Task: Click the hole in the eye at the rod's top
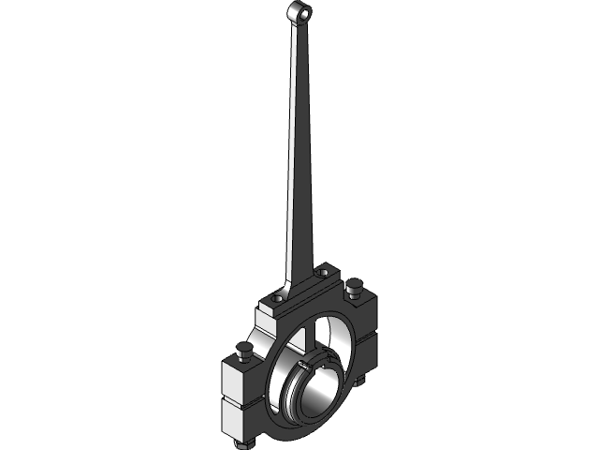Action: [300, 11]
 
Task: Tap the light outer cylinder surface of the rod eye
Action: [291, 18]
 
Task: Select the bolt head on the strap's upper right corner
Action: [354, 285]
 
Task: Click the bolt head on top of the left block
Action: [245, 352]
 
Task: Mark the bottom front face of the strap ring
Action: [299, 434]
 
